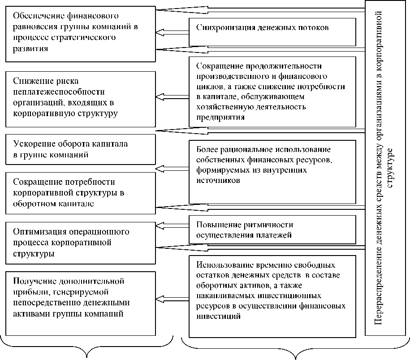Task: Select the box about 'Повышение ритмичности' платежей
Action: click(x=272, y=229)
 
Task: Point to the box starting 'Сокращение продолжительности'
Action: click(x=272, y=90)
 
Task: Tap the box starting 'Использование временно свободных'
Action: click(x=272, y=296)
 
